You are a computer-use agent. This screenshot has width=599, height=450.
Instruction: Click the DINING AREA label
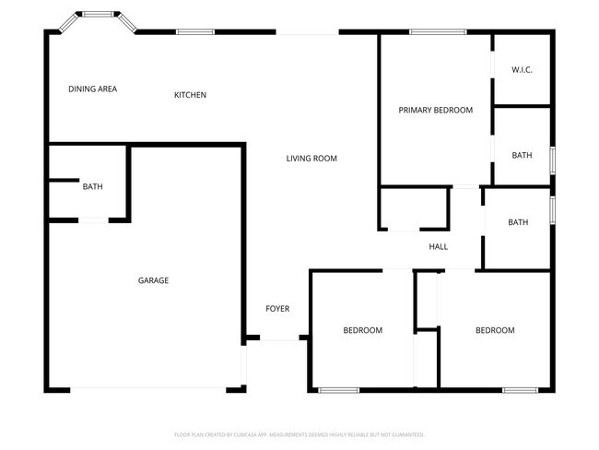92,89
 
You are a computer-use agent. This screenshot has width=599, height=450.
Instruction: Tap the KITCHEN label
190,95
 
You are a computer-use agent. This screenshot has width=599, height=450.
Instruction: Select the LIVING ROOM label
311,159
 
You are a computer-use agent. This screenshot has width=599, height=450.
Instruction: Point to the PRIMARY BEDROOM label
435,110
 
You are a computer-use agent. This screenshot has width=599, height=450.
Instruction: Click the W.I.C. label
522,70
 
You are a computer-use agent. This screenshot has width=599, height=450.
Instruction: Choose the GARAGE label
153,280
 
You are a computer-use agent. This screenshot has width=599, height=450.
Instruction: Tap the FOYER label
277,308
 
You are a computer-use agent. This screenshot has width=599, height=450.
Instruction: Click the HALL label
438,246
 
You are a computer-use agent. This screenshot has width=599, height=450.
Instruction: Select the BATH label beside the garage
92,186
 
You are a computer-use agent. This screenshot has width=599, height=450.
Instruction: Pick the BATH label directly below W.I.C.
522,155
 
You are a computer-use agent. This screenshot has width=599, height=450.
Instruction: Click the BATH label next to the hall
518,222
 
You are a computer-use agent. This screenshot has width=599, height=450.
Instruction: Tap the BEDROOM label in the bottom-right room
495,330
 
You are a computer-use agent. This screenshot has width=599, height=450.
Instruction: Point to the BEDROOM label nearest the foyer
362,330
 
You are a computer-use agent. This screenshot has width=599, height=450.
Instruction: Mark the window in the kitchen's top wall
195,32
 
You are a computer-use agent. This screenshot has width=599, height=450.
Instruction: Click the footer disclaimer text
299,433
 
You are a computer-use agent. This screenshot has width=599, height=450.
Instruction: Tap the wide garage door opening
147,389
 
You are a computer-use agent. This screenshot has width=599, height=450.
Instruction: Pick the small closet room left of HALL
413,208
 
